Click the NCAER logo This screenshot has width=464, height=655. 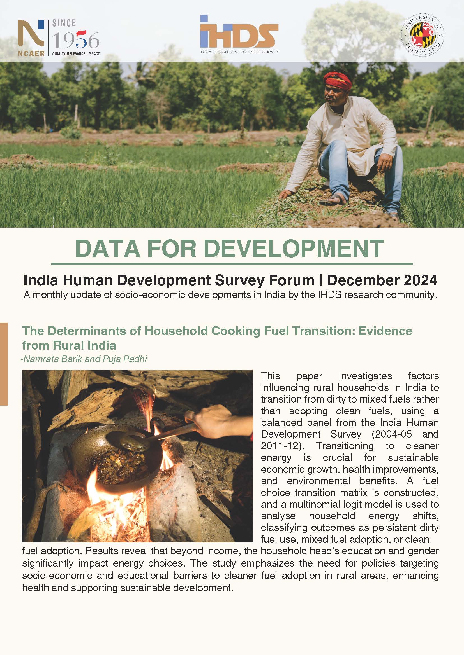(31, 37)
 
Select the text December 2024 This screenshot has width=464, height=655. (382, 280)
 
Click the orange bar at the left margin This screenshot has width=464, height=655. (4, 364)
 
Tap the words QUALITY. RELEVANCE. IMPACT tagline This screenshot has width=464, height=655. (76, 54)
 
